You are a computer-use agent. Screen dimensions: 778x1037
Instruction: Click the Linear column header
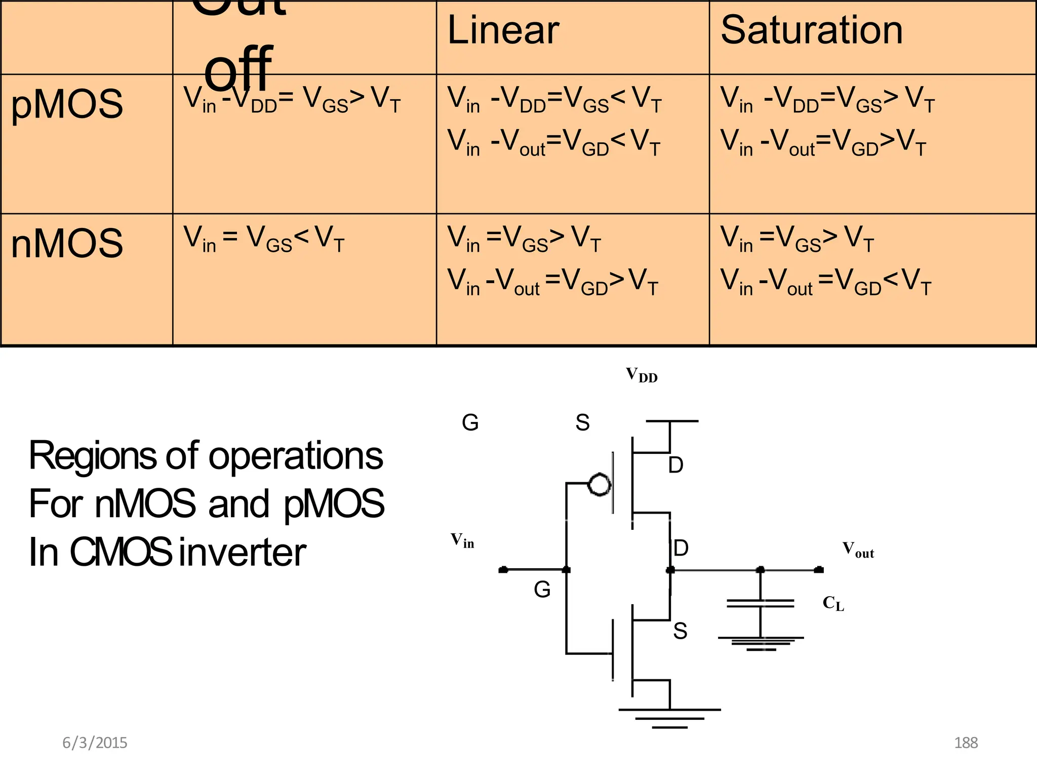point(503,30)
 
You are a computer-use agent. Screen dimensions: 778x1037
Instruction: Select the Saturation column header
point(811,30)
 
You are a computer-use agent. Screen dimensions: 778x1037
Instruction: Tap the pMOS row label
point(67,104)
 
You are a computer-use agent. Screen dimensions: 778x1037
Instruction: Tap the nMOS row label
point(67,244)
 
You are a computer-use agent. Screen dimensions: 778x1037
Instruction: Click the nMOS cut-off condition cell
point(264,239)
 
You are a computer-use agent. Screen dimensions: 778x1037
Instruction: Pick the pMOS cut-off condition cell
point(292,99)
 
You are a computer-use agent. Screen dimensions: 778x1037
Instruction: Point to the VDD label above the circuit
point(641,375)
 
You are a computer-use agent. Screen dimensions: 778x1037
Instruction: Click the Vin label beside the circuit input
point(462,540)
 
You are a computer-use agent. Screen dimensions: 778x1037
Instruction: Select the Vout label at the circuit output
point(858,550)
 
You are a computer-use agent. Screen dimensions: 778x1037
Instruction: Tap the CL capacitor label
point(833,603)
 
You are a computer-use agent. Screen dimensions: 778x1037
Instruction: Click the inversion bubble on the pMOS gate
point(600,485)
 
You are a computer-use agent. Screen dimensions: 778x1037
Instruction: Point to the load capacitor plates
point(760,603)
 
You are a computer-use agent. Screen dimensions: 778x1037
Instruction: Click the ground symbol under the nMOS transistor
point(669,718)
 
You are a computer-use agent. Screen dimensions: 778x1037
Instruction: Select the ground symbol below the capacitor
point(761,643)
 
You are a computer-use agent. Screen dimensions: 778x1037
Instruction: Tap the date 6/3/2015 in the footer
point(95,743)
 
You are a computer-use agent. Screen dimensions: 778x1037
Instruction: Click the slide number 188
point(966,743)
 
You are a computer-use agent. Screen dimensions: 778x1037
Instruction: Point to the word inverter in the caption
point(243,553)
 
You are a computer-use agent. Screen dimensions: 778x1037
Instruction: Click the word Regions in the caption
point(92,456)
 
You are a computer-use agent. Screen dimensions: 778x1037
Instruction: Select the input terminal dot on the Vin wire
point(503,570)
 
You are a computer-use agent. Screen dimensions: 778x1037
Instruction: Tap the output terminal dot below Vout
point(818,570)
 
